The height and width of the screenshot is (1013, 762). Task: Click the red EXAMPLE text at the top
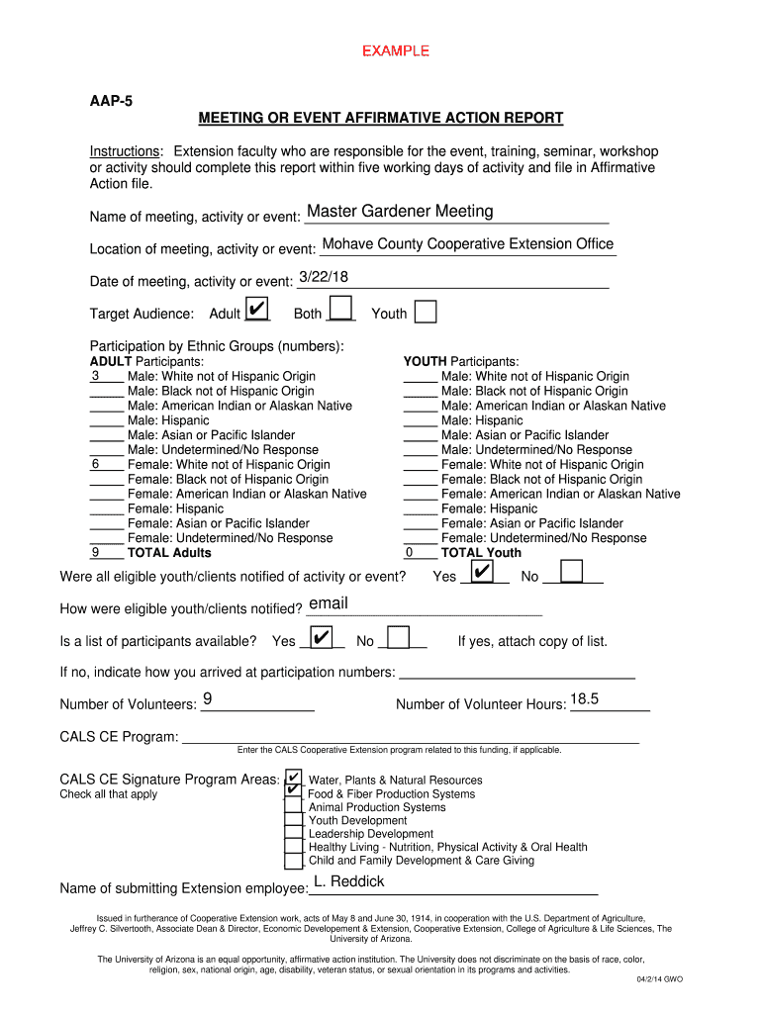coord(395,50)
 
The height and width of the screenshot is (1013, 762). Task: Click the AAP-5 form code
coord(106,100)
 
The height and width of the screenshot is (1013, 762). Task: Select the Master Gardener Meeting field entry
coord(400,211)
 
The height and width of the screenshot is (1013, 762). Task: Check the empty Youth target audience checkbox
coord(425,313)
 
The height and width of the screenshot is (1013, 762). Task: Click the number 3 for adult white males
coord(95,376)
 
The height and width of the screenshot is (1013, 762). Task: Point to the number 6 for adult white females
coord(95,464)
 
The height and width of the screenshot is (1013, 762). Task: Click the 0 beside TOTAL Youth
coord(409,553)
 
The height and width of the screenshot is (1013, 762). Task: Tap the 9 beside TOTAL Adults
coord(95,553)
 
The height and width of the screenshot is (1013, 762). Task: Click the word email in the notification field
coord(329,603)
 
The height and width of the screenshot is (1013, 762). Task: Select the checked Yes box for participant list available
coord(321,638)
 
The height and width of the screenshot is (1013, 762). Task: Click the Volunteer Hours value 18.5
coord(584,699)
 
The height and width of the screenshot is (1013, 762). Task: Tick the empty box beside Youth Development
coord(293,820)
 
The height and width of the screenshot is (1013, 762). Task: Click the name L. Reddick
coord(349,881)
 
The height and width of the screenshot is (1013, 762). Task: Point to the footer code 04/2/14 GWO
coord(658,979)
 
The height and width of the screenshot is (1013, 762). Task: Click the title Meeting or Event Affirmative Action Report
coord(381,119)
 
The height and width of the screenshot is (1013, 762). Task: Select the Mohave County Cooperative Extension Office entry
coord(467,243)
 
